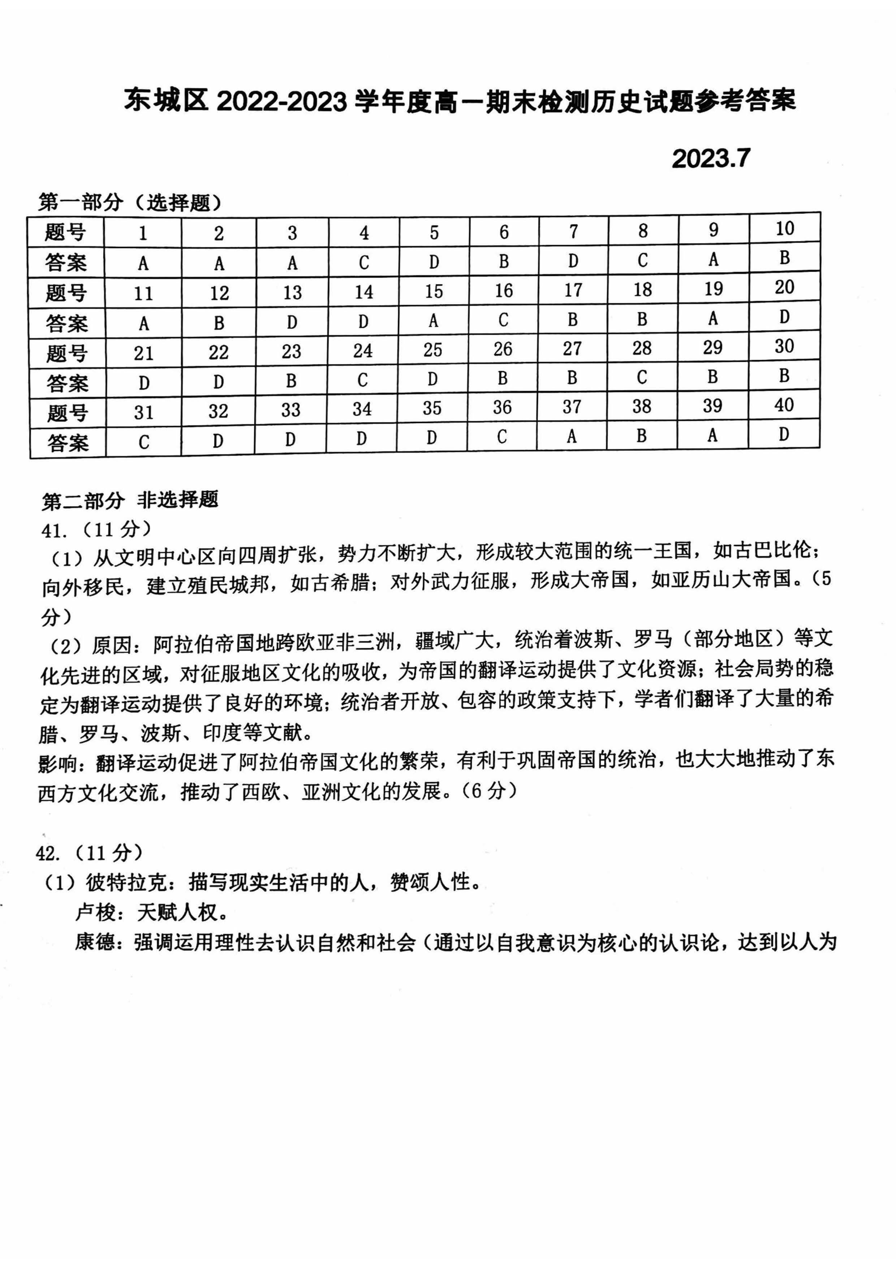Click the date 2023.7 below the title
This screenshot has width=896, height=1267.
(711, 159)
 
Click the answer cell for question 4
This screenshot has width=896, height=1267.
(364, 262)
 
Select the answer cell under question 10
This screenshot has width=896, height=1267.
(784, 258)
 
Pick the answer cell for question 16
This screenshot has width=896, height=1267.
(503, 320)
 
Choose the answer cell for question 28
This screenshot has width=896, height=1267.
(642, 377)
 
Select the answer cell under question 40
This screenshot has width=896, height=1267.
(783, 434)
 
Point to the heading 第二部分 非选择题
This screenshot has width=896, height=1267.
(130, 500)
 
